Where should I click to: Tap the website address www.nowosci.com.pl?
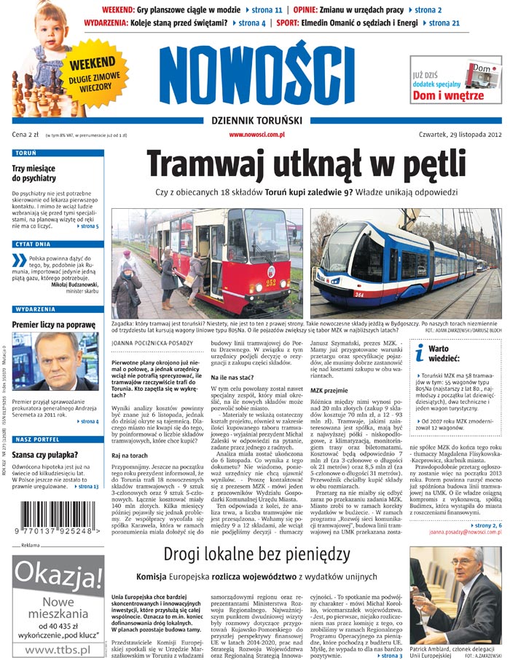click(x=256, y=135)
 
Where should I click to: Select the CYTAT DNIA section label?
click(x=33, y=245)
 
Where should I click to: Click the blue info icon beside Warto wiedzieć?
click(x=419, y=351)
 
